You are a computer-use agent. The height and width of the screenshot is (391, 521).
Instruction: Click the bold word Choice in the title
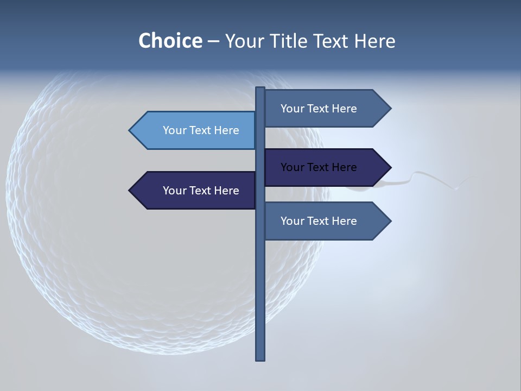(x=170, y=41)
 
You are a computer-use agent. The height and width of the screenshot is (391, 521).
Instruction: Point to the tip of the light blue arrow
(x=130, y=130)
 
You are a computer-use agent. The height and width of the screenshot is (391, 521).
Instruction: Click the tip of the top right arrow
(x=390, y=109)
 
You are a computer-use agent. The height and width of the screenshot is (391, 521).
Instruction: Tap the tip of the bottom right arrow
(x=390, y=221)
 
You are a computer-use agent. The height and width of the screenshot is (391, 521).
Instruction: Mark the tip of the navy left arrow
(x=130, y=191)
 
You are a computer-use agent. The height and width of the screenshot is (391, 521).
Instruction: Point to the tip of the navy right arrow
(x=390, y=167)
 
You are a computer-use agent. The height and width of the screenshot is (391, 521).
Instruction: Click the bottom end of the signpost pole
(x=260, y=358)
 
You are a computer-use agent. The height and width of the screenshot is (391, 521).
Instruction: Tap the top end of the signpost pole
(x=260, y=89)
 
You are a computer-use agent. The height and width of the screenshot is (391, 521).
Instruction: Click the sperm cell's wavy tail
(x=429, y=177)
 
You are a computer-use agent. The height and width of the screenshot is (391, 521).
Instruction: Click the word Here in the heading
(x=374, y=41)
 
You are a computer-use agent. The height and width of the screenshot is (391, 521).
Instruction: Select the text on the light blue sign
(x=201, y=130)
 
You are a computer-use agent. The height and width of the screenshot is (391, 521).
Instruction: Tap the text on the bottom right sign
(x=319, y=221)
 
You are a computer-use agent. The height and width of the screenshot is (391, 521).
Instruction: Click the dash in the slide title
(x=213, y=41)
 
